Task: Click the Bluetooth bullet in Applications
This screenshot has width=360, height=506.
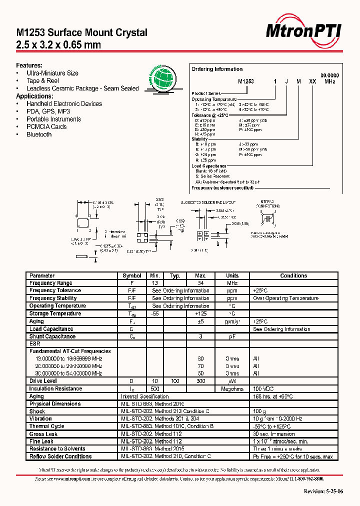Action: pos(39,134)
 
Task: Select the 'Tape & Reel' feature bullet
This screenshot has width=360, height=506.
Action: pos(42,80)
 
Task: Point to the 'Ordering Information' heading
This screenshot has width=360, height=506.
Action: pos(217,69)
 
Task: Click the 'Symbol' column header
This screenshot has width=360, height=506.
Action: pos(132,275)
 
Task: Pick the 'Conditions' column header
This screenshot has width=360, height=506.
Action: pos(293,275)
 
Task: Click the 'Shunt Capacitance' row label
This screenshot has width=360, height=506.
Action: pos(52,336)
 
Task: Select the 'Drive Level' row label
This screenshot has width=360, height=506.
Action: pos(43,381)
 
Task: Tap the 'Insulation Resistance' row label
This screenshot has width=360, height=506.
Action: pos(55,388)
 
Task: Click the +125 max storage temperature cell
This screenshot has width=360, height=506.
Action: pos(200,313)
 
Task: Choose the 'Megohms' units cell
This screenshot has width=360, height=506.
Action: pos(232,388)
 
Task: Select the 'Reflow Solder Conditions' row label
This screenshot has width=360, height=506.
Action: pos(60,456)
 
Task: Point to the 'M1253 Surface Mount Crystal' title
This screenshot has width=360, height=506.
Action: pos(82,33)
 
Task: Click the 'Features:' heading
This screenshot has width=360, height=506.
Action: pos(29,65)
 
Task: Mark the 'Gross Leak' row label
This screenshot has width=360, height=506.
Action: pos(43,434)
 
